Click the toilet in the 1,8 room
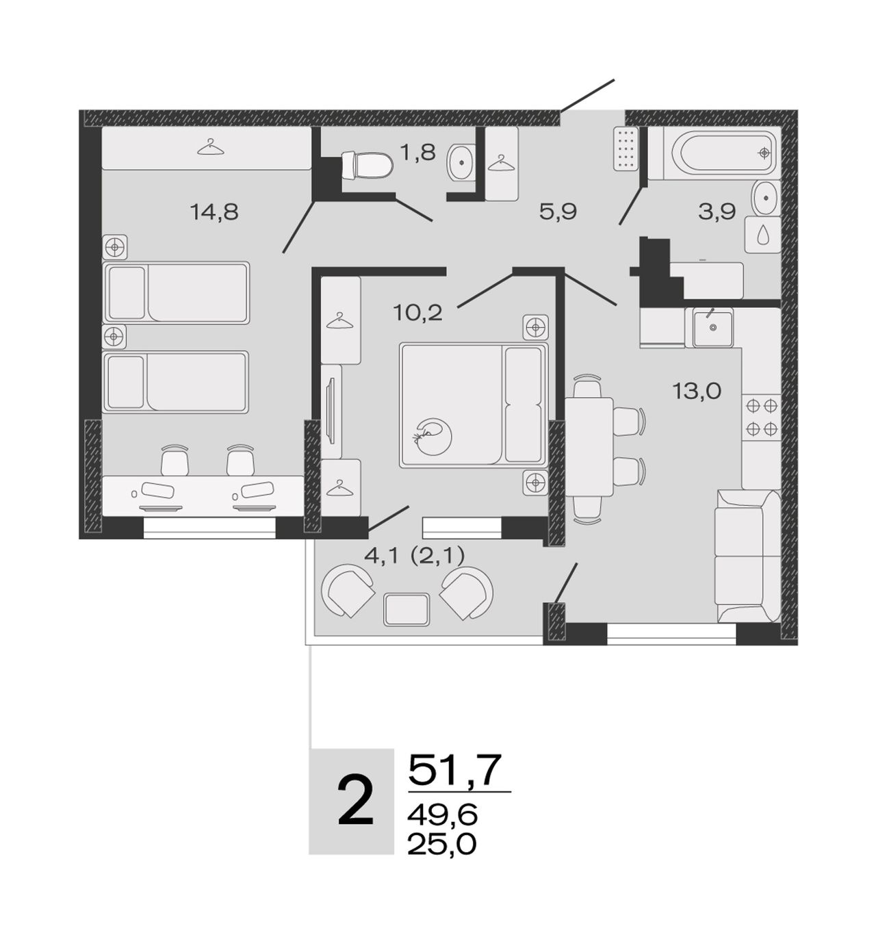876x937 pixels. tap(367, 165)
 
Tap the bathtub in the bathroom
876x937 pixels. tap(714, 153)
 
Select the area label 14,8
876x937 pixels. tap(214, 212)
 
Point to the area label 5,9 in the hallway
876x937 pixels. tap(558, 212)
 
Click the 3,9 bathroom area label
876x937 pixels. tap(717, 212)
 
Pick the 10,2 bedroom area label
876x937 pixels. tap(417, 312)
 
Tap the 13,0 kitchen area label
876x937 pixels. tap(697, 391)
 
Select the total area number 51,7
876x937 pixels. tap(454, 769)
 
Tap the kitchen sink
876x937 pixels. tap(712, 327)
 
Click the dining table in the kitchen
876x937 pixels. tap(589, 447)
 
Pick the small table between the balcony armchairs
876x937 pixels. tap(407, 609)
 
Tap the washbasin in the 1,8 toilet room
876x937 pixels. tap(461, 163)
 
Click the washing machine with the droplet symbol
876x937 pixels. tap(762, 235)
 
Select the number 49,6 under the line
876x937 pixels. tap(442, 814)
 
